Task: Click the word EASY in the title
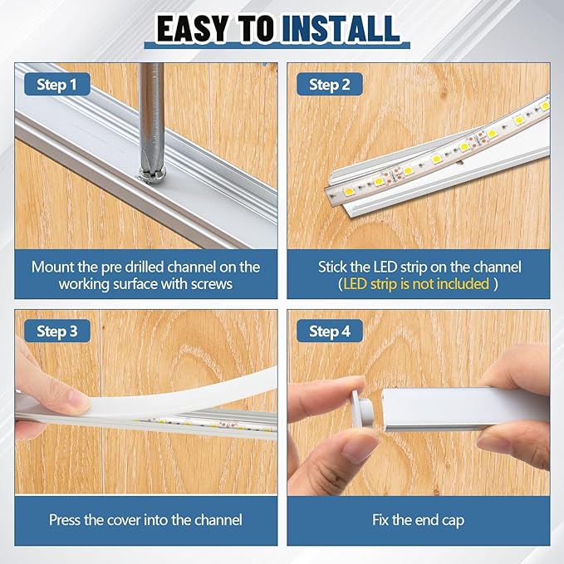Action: click(193, 29)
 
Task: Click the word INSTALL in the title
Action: click(341, 29)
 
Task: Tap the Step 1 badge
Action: click(57, 84)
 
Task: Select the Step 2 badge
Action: click(330, 84)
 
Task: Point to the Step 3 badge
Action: click(57, 331)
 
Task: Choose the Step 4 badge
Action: click(330, 331)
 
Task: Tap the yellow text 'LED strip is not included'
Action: click(416, 284)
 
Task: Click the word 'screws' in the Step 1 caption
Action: click(212, 284)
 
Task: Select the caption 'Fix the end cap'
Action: click(419, 520)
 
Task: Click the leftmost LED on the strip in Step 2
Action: click(350, 192)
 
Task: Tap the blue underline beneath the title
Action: click(277, 46)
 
